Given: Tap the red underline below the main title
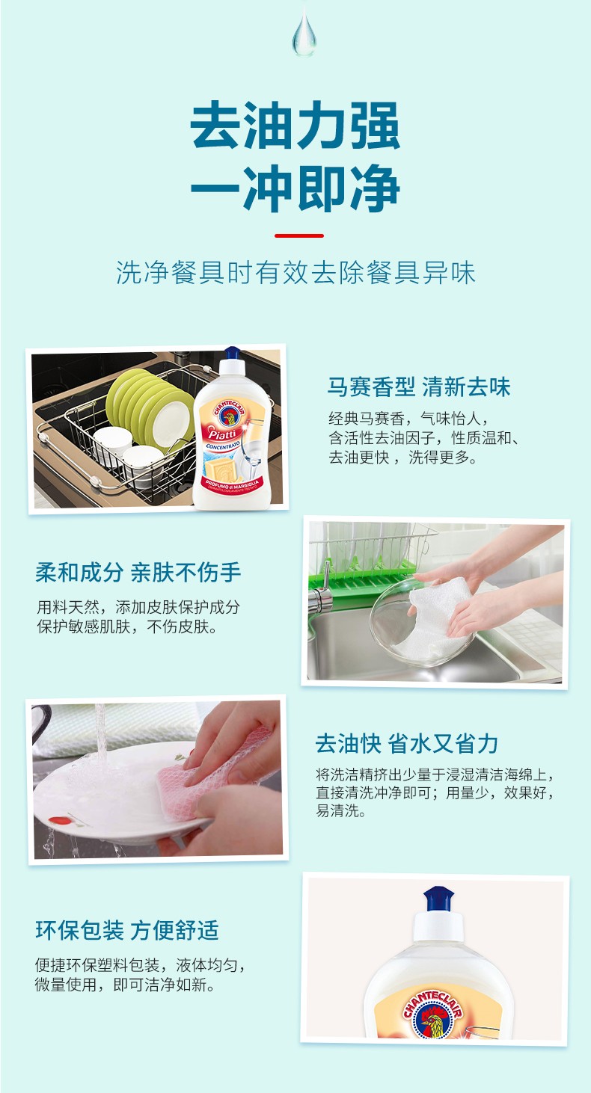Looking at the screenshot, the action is click(299, 235).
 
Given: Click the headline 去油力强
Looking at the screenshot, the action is click(295, 125).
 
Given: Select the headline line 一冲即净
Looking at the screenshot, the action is click(295, 188).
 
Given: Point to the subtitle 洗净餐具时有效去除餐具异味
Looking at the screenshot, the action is click(295, 272).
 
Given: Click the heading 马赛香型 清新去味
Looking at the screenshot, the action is click(419, 387).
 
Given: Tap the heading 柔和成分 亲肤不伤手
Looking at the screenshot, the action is click(138, 572).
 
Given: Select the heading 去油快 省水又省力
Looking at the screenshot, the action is click(406, 744).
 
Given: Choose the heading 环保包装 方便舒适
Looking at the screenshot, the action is click(127, 930).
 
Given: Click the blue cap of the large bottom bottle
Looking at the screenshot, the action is click(438, 899).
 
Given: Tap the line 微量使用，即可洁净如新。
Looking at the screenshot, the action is click(126, 984).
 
